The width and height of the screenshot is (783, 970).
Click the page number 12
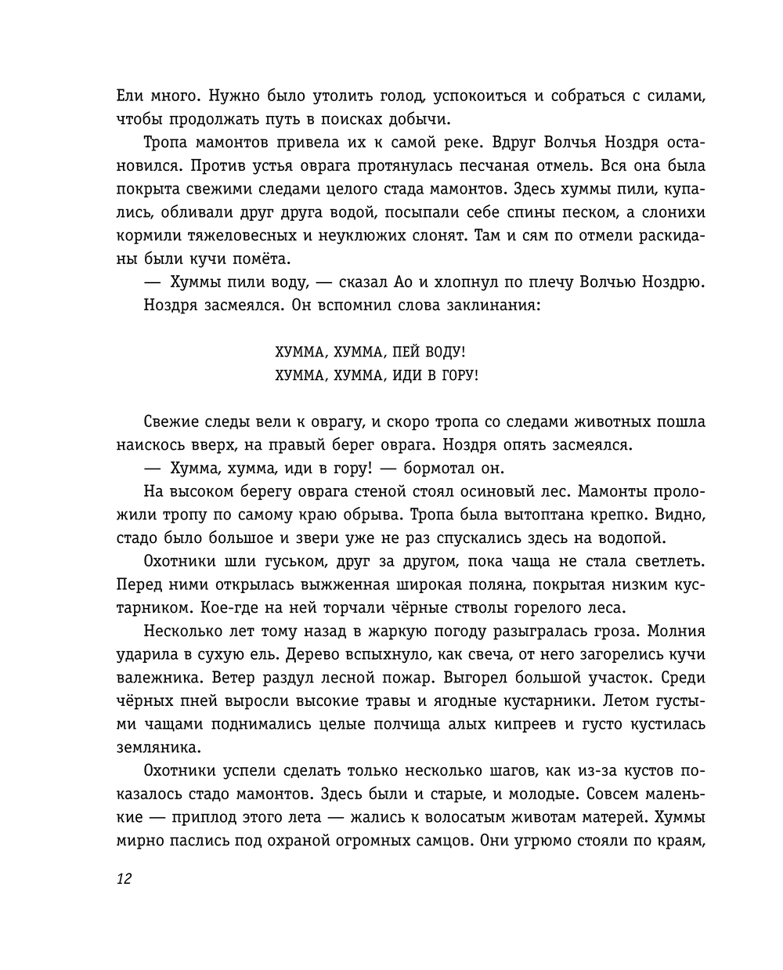pos(124,878)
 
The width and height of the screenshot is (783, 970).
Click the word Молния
pos(673,631)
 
